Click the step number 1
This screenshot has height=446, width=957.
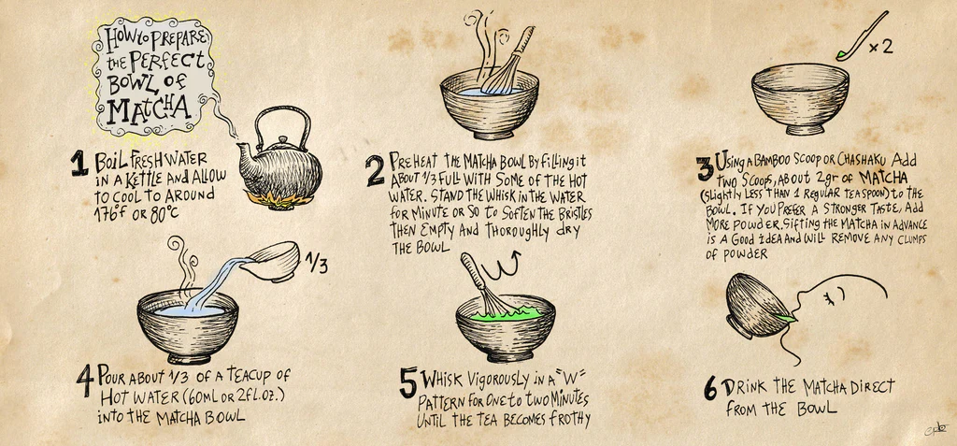80,163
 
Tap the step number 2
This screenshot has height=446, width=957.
376,170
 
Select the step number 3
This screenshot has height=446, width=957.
706,168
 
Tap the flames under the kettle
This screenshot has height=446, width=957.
277,198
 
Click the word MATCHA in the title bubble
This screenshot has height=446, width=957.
148,108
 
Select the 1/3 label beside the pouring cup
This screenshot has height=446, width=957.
317,264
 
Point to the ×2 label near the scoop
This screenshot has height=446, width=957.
880,47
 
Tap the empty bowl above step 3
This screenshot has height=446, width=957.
800,98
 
